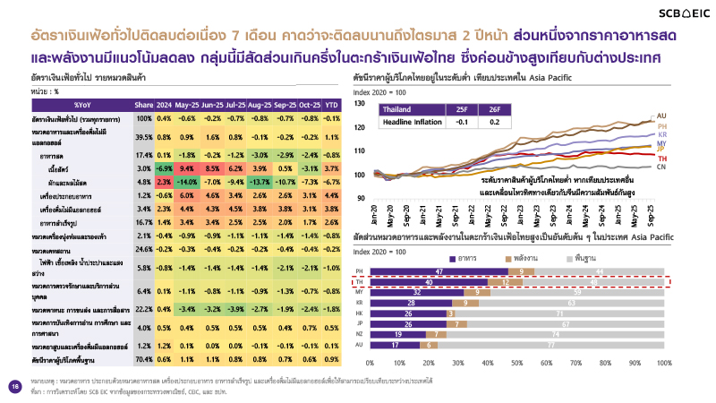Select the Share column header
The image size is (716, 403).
(x=144, y=105)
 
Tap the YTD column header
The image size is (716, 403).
(x=330, y=105)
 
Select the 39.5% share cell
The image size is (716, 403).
(x=144, y=137)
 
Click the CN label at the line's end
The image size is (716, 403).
(x=661, y=167)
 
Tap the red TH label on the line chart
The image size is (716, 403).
(x=661, y=158)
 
